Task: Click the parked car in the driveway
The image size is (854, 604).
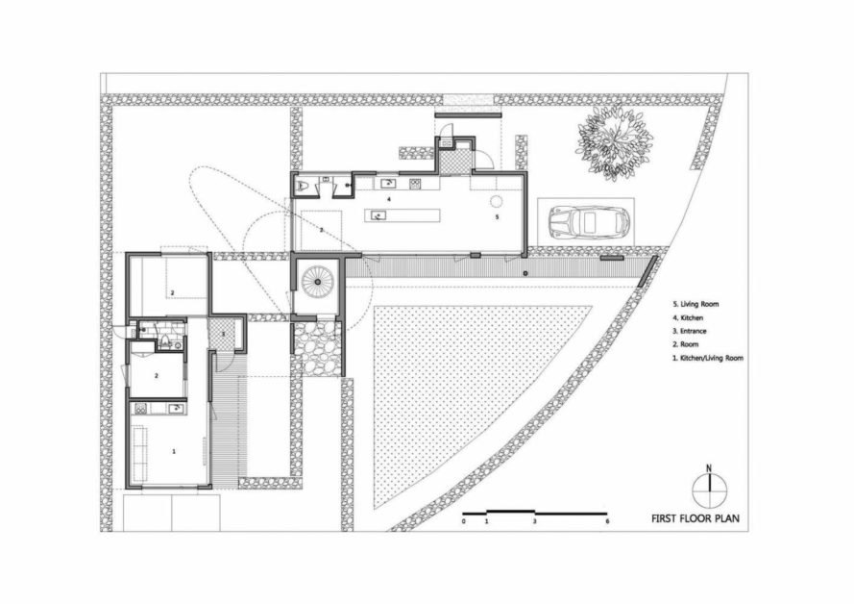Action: point(589,222)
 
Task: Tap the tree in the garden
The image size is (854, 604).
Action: point(615,142)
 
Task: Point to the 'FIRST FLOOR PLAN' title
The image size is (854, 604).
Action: point(695,518)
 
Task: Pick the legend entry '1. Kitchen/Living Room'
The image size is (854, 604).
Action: point(708,358)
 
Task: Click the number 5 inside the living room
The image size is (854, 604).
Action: point(497,217)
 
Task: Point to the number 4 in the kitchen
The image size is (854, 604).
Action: point(388,199)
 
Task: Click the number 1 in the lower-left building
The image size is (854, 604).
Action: point(174,451)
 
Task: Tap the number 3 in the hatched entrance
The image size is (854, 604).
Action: point(223,334)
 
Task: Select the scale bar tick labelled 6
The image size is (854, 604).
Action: point(607,521)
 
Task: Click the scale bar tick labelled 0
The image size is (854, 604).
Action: point(463,521)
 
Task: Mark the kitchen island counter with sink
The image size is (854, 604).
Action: point(403,215)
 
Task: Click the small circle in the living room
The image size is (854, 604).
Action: point(497,201)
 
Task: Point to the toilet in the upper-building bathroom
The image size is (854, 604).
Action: point(302,186)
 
